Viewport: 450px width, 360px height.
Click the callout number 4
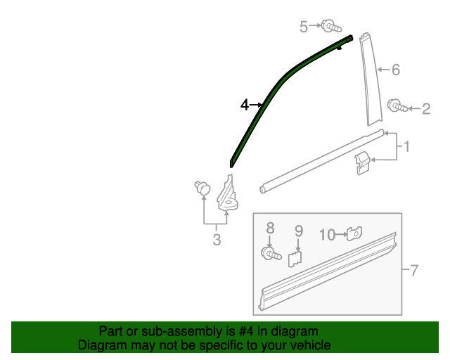[x=244, y=105]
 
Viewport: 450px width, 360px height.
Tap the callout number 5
[x=304, y=27]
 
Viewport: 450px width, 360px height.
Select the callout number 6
[x=395, y=70]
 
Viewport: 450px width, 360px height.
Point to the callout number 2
[x=425, y=108]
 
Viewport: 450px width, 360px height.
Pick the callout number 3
[x=217, y=240]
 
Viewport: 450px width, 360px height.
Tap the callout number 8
[x=269, y=229]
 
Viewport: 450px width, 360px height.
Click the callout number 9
[x=298, y=230]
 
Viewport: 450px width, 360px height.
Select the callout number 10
[x=328, y=234]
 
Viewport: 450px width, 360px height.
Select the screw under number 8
[x=270, y=253]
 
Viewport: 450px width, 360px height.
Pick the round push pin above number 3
[x=202, y=188]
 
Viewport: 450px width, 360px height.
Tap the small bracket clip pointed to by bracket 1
[x=361, y=163]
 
